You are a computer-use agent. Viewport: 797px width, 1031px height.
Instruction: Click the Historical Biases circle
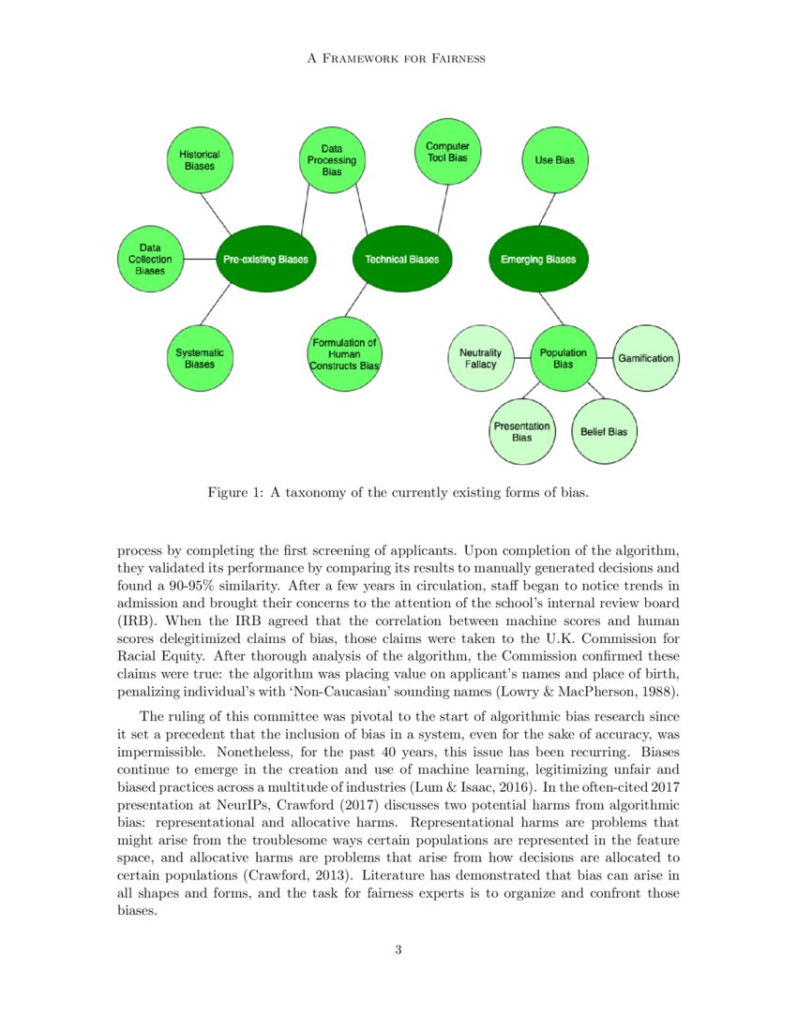200,160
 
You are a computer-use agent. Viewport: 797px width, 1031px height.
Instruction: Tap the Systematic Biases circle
199,358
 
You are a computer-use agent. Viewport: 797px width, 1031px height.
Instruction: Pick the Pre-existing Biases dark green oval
263,259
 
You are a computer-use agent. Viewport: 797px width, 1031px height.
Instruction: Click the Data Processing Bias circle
331,160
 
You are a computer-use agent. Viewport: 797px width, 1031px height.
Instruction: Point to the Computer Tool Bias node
447,152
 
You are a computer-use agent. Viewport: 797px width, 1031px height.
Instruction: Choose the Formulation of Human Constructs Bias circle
344,354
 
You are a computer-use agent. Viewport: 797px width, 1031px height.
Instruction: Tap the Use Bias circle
554,160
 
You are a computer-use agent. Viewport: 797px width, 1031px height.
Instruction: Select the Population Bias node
563,358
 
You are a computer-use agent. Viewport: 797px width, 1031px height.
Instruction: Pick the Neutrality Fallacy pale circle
481,358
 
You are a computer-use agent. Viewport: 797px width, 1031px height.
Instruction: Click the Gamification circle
645,358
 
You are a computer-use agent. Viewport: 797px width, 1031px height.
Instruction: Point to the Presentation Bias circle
522,431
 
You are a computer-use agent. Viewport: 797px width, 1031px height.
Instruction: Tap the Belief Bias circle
604,431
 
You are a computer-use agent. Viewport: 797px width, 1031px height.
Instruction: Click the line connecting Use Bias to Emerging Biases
547,208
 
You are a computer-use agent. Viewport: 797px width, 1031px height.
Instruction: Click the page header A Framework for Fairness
398,59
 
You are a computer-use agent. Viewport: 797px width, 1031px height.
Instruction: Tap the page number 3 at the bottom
398,950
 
